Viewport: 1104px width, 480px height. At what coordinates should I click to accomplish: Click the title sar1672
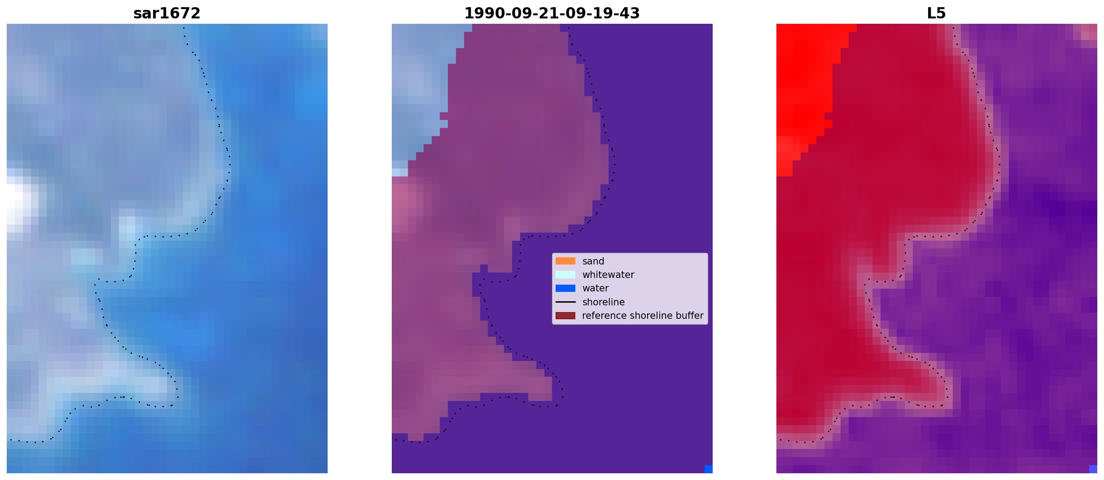click(x=167, y=13)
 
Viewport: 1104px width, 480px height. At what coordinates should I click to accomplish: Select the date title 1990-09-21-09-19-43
click(x=552, y=13)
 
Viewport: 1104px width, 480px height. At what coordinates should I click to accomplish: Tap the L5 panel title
click(x=937, y=13)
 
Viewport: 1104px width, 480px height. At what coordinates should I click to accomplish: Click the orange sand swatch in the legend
click(x=565, y=261)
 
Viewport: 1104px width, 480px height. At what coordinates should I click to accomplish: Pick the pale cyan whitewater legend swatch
click(x=565, y=274)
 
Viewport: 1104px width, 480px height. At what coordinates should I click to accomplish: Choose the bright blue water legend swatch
click(x=565, y=288)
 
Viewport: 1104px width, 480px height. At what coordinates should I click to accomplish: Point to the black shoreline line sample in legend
click(x=565, y=302)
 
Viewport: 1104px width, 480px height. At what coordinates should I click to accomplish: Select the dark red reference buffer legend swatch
click(x=565, y=316)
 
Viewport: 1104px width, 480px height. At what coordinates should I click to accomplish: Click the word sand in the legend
click(x=593, y=261)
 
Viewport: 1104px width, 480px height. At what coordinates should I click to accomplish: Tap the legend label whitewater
click(x=608, y=275)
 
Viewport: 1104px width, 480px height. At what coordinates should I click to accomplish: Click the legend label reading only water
click(x=596, y=288)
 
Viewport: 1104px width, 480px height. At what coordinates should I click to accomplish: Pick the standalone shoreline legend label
click(x=604, y=302)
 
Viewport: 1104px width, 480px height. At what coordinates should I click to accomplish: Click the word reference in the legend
click(x=604, y=316)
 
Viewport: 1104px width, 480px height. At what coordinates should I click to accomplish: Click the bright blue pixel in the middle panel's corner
click(x=709, y=469)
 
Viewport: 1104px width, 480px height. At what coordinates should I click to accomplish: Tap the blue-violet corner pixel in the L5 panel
click(x=1093, y=469)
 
